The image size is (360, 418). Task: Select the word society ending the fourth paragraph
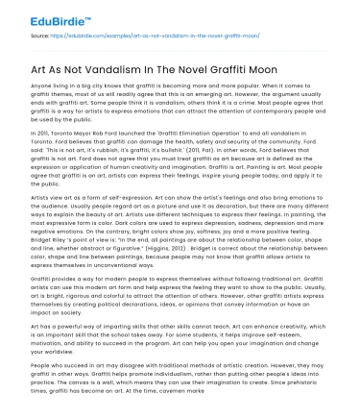pos(65,310)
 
